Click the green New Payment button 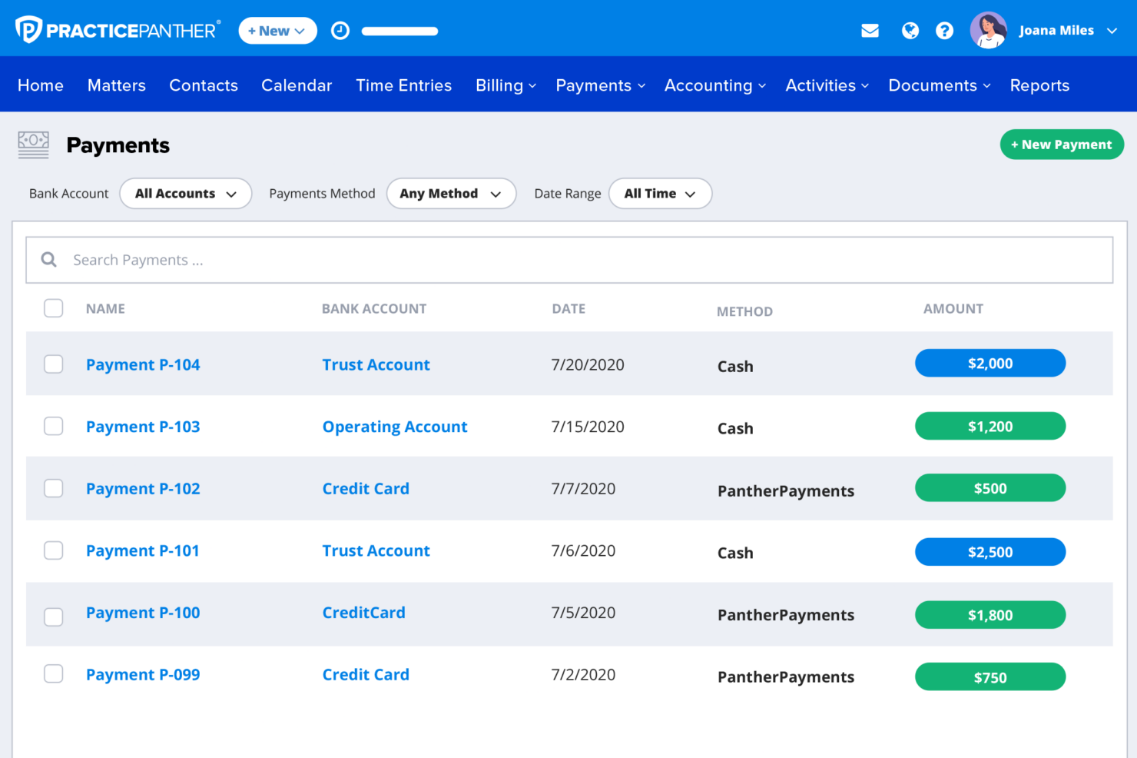coord(1062,145)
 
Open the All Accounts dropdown coord(186,194)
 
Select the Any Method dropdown coord(451,194)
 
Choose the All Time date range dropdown coord(660,194)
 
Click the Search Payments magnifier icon coord(48,260)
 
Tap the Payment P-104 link coord(143,364)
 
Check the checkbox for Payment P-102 coord(53,488)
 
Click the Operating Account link coord(394,426)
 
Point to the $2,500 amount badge coord(989,552)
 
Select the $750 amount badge coord(989,677)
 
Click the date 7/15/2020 coord(587,426)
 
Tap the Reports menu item coord(1039,85)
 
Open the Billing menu coord(506,85)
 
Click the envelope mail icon coord(870,31)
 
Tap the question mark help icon coord(944,31)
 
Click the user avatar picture coord(988,31)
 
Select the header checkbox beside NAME coord(53,308)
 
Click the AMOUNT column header coord(953,309)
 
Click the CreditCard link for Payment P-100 coord(363,612)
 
